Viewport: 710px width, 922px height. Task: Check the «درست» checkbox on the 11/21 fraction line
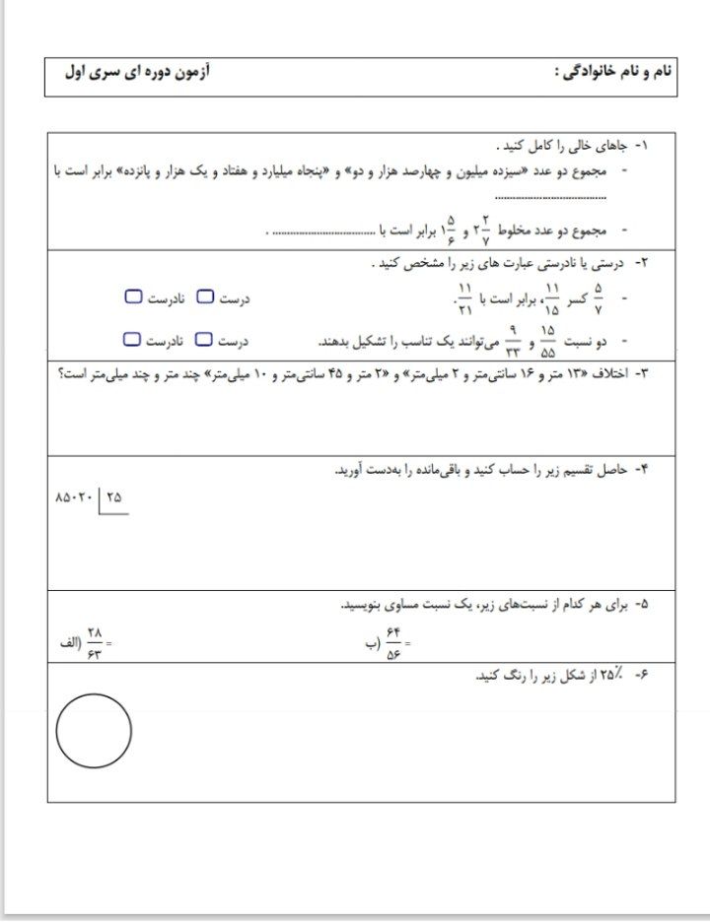point(204,296)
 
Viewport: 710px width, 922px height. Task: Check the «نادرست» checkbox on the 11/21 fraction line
point(133,296)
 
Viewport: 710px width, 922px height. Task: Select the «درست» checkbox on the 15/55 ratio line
point(204,340)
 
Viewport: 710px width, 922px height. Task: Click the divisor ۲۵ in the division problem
point(114,497)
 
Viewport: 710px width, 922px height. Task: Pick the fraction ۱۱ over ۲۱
point(464,296)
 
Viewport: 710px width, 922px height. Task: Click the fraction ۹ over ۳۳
point(512,341)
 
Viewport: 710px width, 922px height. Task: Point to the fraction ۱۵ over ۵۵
point(549,341)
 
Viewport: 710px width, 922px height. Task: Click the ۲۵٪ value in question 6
point(610,674)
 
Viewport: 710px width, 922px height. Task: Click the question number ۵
point(643,602)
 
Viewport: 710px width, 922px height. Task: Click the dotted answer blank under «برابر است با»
point(551,197)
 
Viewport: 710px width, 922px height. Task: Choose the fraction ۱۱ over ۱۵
point(551,296)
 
